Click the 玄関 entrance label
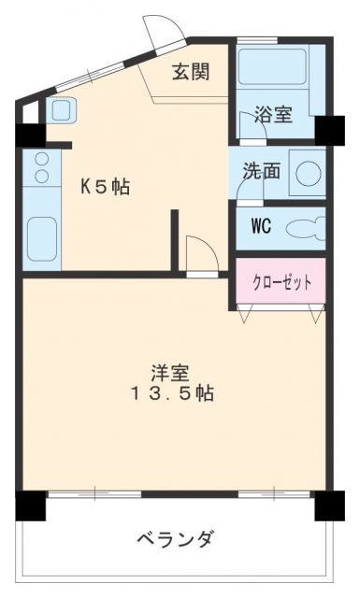[x=190, y=72]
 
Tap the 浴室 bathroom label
[x=274, y=116]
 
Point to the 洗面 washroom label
[x=261, y=172]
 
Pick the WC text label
[x=261, y=226]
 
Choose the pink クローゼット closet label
[x=281, y=280]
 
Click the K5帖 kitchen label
[x=104, y=187]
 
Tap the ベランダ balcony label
[x=175, y=539]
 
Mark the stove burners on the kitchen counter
[x=40, y=167]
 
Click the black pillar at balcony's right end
[x=329, y=505]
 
